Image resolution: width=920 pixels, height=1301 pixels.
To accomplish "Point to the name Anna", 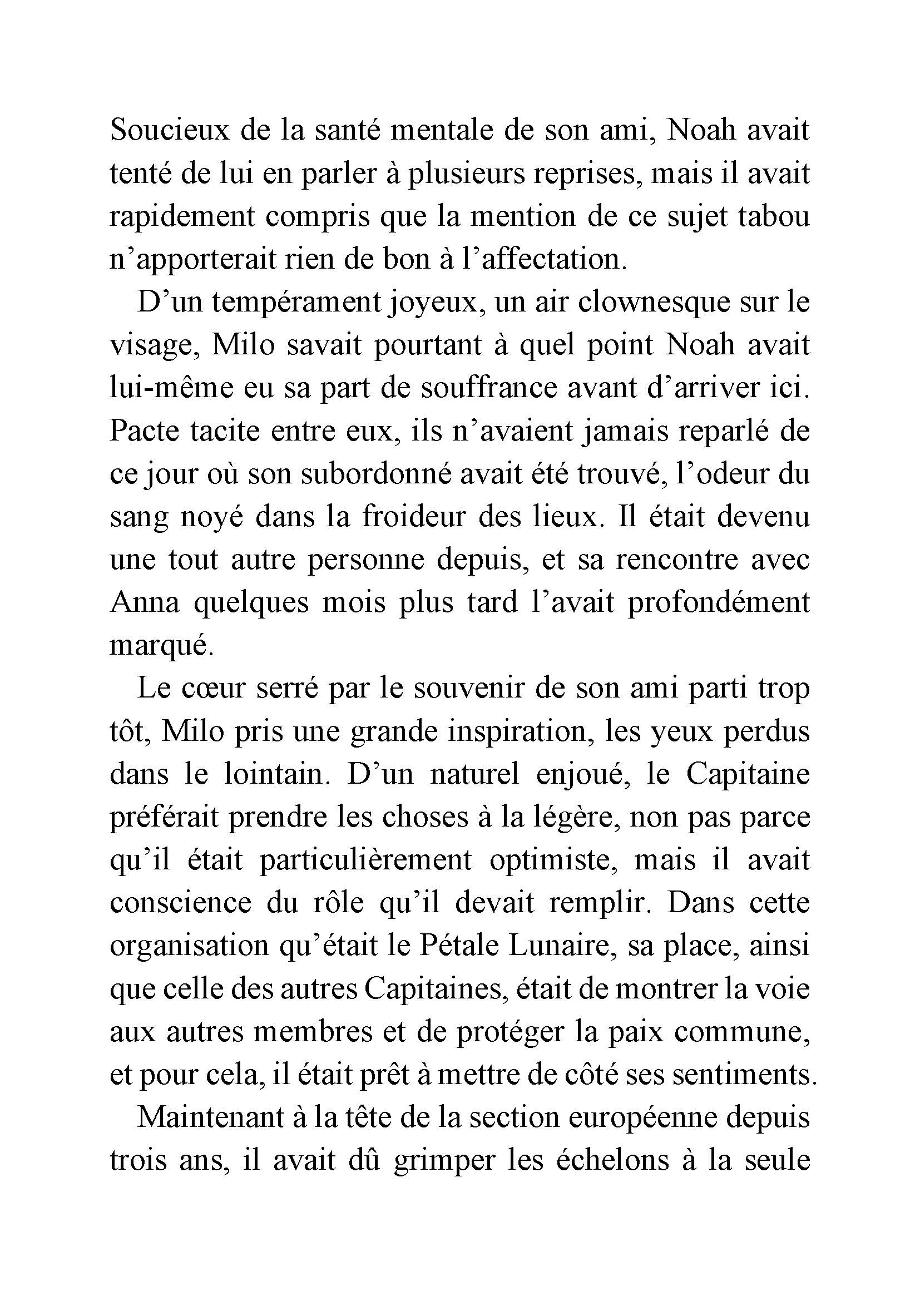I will (145, 603).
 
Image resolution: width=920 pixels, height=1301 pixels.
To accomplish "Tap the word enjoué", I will (583, 775).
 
